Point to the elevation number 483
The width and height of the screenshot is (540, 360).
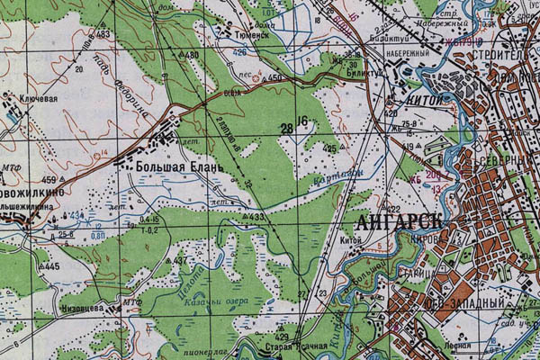(x=103, y=34)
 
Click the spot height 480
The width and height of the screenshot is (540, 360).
(x=191, y=56)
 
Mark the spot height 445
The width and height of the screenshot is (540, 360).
(x=50, y=267)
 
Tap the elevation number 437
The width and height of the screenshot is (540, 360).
(x=182, y=261)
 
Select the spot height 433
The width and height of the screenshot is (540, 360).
(x=256, y=217)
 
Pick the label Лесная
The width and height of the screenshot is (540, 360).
(x=460, y=346)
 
